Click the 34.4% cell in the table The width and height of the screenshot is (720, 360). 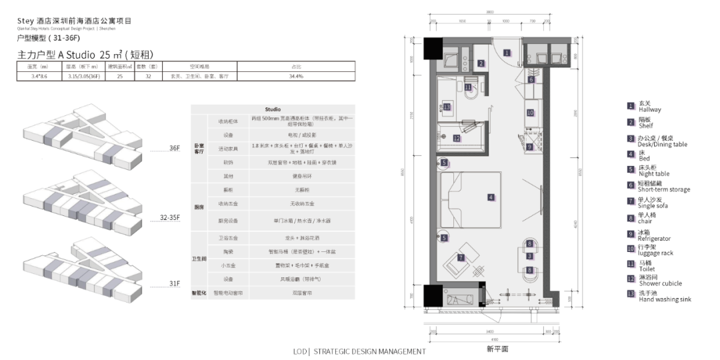click(296, 77)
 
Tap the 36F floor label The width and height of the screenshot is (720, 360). click(174, 147)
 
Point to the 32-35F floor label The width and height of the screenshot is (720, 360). click(170, 217)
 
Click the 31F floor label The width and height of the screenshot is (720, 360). click(174, 283)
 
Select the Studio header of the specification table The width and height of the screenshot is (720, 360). click(273, 109)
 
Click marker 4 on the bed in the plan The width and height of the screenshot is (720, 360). click(491, 197)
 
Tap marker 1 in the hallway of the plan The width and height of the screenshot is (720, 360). click(507, 53)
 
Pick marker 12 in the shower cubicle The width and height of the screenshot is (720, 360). click(457, 139)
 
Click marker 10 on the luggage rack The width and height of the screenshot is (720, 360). click(530, 113)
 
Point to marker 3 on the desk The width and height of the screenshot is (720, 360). click(529, 256)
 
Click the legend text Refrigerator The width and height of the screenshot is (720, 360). click(654, 239)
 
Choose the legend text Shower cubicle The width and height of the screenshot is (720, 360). click(659, 283)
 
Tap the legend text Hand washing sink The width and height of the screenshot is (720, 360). click(664, 299)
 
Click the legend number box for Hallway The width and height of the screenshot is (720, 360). click(630, 105)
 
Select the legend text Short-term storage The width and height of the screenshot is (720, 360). click(663, 189)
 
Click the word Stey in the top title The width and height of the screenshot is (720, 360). click(25, 21)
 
